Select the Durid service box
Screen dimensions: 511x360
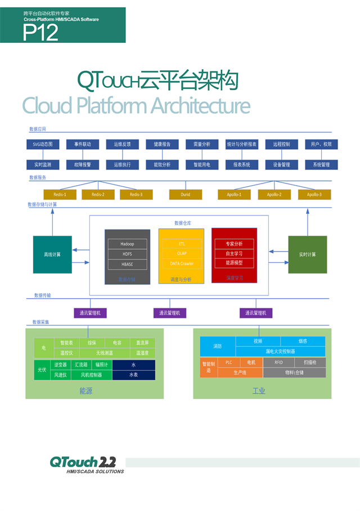pyautogui.click(x=186, y=195)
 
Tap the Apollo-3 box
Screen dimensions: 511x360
pyautogui.click(x=314, y=195)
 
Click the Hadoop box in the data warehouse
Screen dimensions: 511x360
pyautogui.click(x=128, y=244)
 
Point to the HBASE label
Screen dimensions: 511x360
pyautogui.click(x=128, y=263)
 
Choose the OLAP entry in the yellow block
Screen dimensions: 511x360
pyautogui.click(x=182, y=254)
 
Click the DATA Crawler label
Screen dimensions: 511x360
pyautogui.click(x=182, y=263)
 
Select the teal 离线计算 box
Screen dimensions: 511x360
pyautogui.click(x=53, y=254)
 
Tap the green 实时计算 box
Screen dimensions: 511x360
pyautogui.click(x=307, y=254)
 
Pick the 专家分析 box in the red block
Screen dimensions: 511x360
pyautogui.click(x=234, y=244)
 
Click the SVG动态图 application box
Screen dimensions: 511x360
pyautogui.click(x=43, y=145)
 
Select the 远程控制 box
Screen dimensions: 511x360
pyautogui.click(x=281, y=145)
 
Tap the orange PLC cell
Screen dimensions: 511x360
pyautogui.click(x=228, y=362)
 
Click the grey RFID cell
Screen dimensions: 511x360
pyautogui.click(x=278, y=362)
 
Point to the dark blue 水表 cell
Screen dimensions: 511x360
pyautogui.click(x=134, y=375)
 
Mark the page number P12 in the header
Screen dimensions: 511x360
pyautogui.click(x=40, y=33)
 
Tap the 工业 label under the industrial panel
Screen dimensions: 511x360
pyautogui.click(x=259, y=391)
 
